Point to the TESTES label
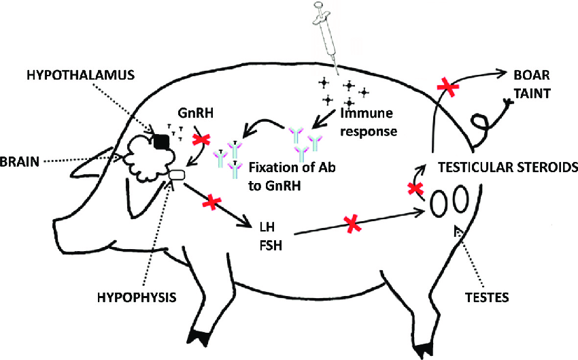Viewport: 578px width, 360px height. coord(488,297)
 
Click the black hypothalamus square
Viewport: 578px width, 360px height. coord(162,141)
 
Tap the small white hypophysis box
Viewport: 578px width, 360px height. coord(177,175)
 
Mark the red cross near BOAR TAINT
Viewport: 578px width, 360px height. coord(446,86)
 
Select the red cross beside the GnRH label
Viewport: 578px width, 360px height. coord(202,139)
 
